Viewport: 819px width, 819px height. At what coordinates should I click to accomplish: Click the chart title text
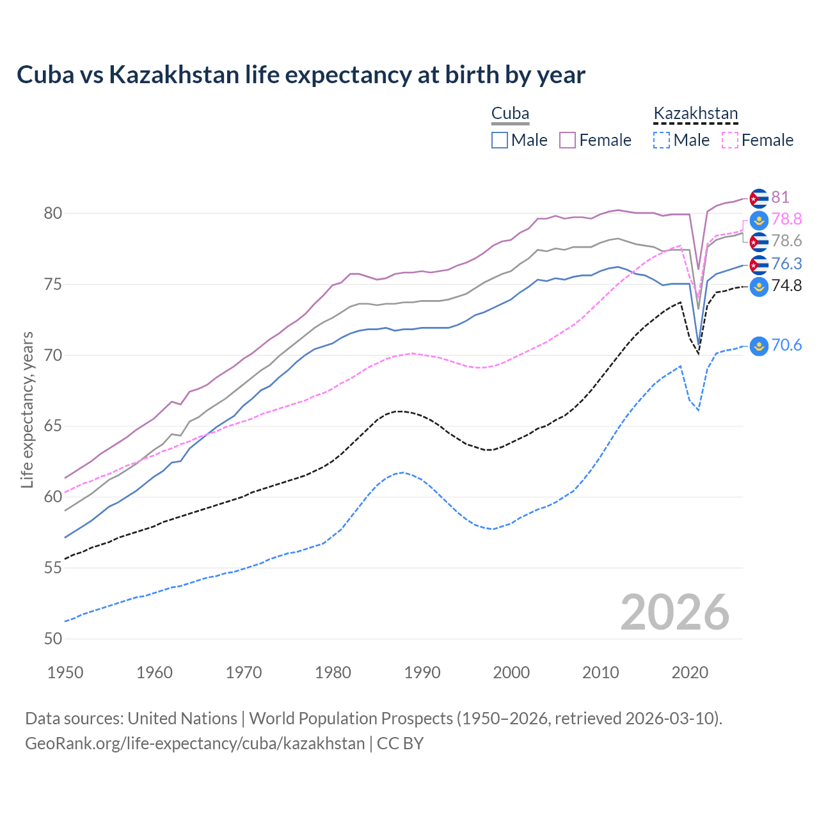tap(301, 75)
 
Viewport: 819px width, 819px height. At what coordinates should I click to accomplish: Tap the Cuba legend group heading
tap(510, 114)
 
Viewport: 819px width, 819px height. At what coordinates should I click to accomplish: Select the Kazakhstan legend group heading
tap(696, 114)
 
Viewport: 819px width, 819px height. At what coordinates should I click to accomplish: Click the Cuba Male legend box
tap(500, 140)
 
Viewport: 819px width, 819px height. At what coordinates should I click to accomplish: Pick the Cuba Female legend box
tap(568, 140)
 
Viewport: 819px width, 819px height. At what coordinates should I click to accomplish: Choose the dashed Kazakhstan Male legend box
tap(662, 140)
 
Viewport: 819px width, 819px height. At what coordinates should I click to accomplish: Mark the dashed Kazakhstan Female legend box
tap(730, 140)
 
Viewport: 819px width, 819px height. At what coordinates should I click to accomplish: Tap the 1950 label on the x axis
tap(65, 672)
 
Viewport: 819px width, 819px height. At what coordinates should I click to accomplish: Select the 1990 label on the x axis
tap(422, 672)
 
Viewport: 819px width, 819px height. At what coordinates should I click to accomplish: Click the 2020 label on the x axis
tap(690, 672)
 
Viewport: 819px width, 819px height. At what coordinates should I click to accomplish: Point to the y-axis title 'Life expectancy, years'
tap(27, 409)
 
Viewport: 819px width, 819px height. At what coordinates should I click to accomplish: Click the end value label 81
tap(780, 198)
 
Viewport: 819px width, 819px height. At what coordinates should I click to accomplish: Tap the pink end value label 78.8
tap(786, 219)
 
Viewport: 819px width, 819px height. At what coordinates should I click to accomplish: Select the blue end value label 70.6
tap(786, 346)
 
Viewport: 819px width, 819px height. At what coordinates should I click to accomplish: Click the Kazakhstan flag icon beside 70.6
tap(759, 346)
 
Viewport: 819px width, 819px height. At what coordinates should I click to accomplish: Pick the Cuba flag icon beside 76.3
tap(759, 264)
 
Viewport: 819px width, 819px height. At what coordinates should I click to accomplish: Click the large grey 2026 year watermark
tap(674, 612)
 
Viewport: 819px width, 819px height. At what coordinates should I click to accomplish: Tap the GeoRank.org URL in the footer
tap(195, 743)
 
